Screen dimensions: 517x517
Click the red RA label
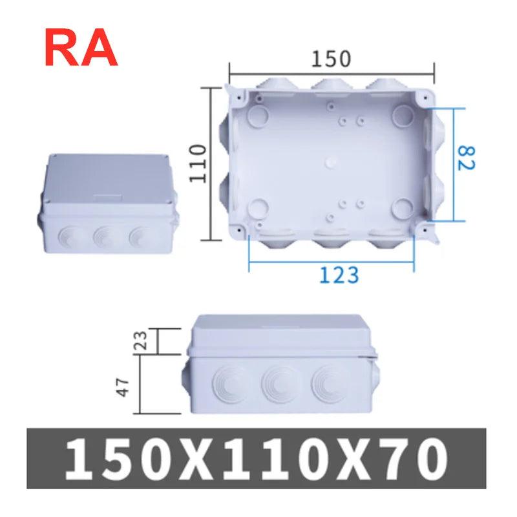point(81,48)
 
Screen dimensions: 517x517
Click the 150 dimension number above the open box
point(331,59)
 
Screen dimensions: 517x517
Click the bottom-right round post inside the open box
point(405,207)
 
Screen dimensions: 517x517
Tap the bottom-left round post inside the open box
point(259,207)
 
